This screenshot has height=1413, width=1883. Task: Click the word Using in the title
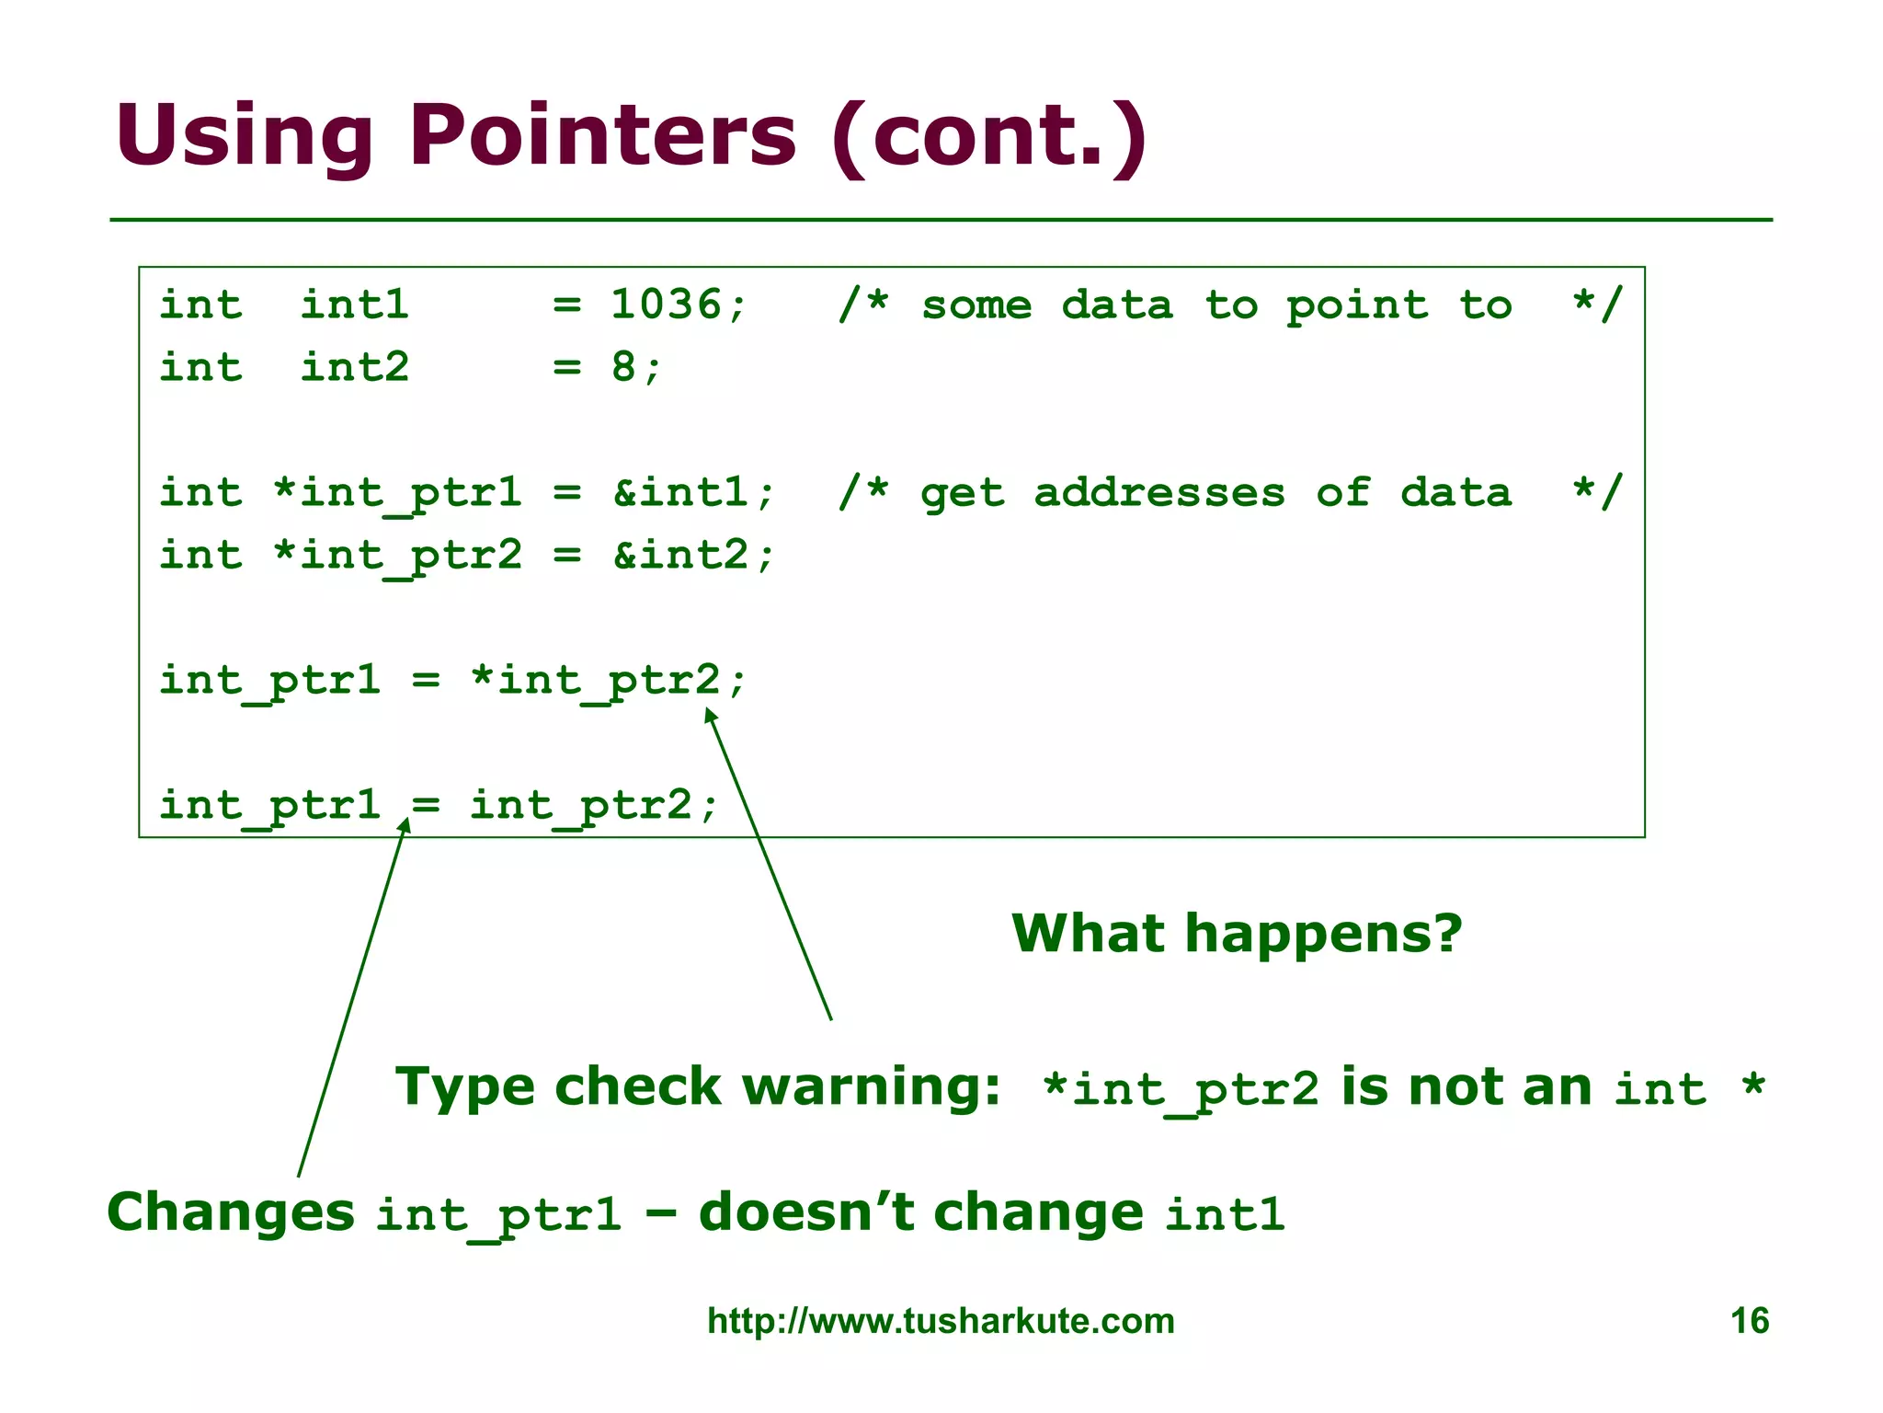[x=244, y=135]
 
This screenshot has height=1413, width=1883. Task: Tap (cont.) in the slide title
[x=988, y=135]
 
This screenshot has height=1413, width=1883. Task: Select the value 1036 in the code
[x=667, y=304]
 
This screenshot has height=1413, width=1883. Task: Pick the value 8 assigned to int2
[x=623, y=367]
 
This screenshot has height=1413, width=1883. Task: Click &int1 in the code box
[x=681, y=492]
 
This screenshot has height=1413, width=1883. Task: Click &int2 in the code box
[x=681, y=555]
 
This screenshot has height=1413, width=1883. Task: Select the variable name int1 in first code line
[x=355, y=304]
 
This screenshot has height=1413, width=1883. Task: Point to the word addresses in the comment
[x=1158, y=492]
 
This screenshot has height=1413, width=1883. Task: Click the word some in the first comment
[x=976, y=304]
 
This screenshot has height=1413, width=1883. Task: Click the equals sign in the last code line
[x=426, y=806]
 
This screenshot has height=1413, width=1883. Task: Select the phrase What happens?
[x=1237, y=933]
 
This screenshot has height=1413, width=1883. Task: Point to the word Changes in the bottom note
[x=231, y=1212]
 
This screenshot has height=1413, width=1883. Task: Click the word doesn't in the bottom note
[x=806, y=1212]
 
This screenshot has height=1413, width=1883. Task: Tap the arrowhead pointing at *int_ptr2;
[x=710, y=715]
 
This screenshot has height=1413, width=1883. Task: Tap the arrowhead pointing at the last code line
[x=405, y=824]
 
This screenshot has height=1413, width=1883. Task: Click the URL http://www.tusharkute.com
[x=941, y=1321]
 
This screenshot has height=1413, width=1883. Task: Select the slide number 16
[x=1749, y=1321]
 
